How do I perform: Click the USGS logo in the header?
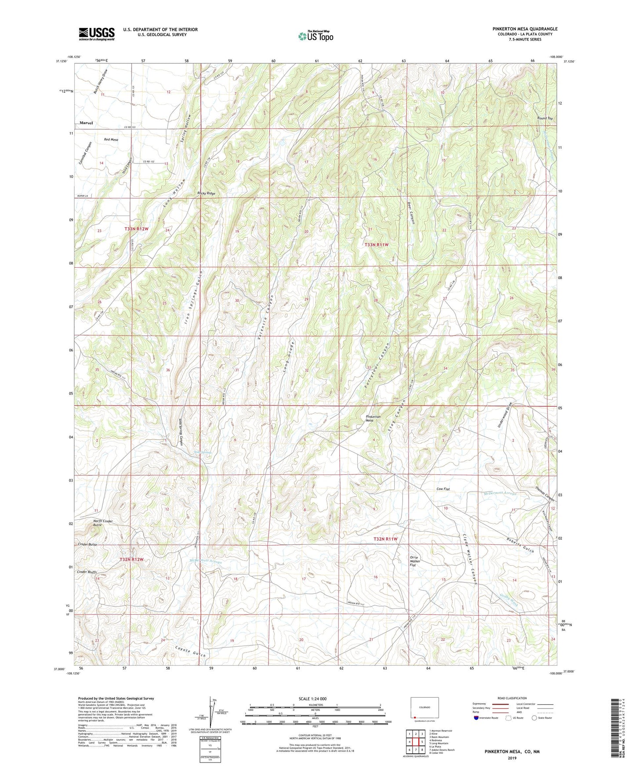coord(97,34)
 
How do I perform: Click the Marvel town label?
coord(86,123)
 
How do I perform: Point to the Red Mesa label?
coord(111,140)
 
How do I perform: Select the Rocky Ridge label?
coord(207,193)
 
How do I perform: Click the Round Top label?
coord(544,118)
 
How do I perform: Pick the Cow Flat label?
coord(443,489)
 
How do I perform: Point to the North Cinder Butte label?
coord(103,523)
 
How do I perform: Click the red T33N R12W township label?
coord(137,229)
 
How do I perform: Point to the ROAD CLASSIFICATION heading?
coord(512,698)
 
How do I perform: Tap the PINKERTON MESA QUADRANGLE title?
coord(525,29)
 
